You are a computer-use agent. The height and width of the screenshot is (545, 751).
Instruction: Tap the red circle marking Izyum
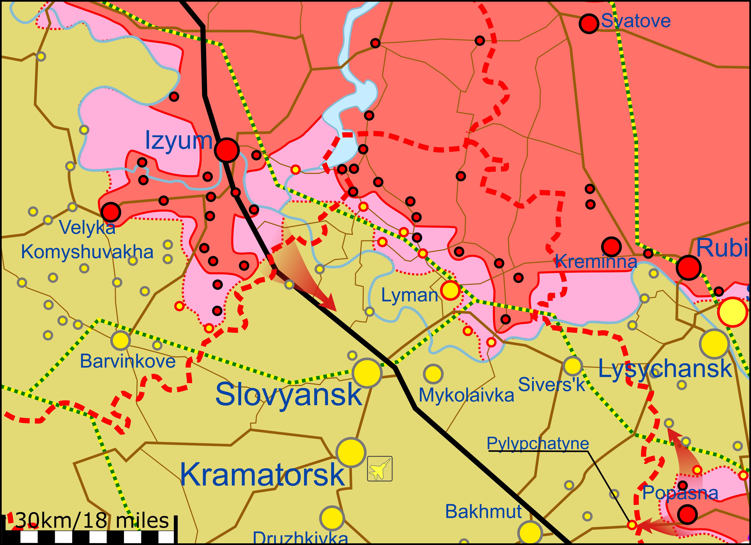click(x=226, y=150)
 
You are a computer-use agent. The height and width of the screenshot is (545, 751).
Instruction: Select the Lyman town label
click(x=410, y=295)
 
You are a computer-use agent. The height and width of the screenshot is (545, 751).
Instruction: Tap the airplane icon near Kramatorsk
click(x=380, y=469)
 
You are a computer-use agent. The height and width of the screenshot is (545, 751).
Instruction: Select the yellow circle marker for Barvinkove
click(x=121, y=340)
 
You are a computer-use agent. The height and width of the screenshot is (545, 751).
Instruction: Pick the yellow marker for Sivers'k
click(x=573, y=366)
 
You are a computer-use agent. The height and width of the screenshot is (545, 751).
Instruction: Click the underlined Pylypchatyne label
click(x=538, y=443)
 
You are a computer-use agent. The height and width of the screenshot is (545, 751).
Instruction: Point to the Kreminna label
click(x=596, y=262)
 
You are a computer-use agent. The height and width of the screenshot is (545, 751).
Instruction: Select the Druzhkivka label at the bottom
click(x=300, y=538)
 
